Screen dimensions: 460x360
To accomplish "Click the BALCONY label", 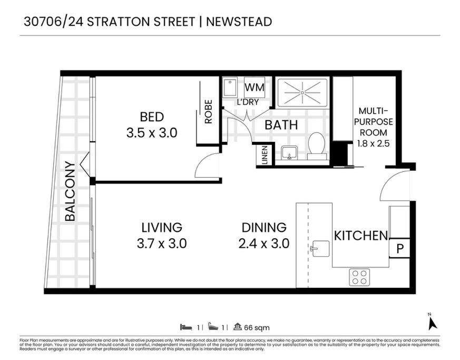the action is [x=70, y=191].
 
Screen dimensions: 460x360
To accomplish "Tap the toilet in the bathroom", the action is [x=317, y=146].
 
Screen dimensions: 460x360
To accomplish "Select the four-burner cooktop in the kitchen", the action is [x=359, y=277].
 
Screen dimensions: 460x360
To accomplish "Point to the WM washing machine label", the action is [x=255, y=87].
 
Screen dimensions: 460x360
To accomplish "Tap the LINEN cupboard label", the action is [x=265, y=155].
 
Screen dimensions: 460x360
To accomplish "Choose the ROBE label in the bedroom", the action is [x=208, y=112].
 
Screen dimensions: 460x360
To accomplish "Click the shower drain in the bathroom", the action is [x=302, y=92].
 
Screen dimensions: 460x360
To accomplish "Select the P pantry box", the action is [x=399, y=248].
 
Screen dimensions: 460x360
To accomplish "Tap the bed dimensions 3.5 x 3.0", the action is [x=152, y=133].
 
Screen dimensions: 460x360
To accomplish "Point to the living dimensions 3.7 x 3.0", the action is [x=162, y=244].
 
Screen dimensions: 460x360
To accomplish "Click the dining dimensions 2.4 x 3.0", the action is [x=264, y=244].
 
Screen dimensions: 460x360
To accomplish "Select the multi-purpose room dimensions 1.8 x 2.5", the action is [x=373, y=143].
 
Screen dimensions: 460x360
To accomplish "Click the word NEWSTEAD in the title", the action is [x=239, y=22].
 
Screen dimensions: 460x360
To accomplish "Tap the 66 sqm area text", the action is [x=257, y=327].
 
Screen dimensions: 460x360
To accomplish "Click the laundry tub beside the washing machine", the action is [x=230, y=87].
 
